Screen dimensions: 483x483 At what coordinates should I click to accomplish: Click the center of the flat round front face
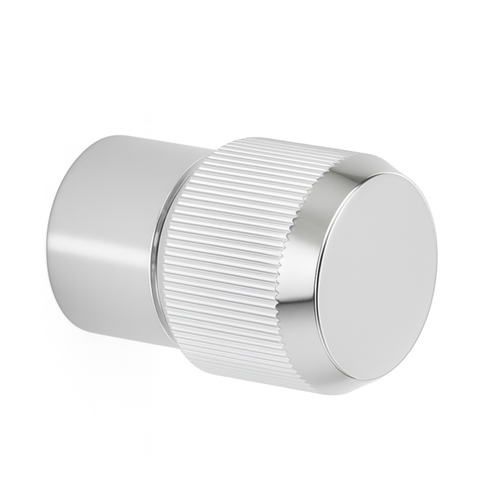coord(383,273)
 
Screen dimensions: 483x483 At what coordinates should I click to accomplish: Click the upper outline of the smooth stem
coord(138,140)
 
